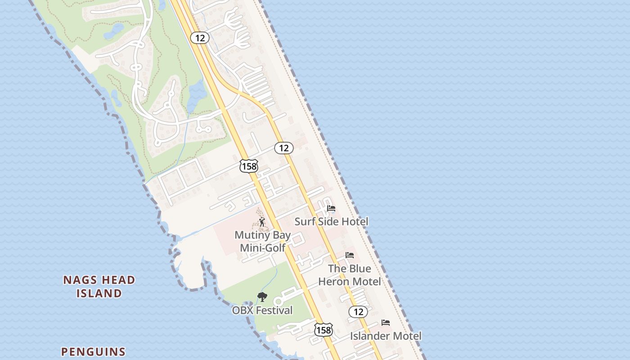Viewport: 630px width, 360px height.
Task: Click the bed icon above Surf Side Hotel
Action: pos(331,208)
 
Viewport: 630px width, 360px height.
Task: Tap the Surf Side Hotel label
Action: pos(331,221)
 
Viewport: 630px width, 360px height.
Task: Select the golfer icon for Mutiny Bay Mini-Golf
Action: pos(262,222)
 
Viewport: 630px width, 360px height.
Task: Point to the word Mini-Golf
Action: pos(263,247)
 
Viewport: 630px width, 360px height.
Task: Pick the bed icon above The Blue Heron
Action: pos(350,255)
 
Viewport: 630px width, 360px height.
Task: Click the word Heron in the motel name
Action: pos(335,282)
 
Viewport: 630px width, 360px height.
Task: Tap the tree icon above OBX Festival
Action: pos(262,297)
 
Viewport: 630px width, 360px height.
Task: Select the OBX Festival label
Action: pos(262,310)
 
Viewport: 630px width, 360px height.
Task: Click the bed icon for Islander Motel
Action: pos(386,323)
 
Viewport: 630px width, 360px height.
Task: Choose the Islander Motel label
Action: pos(386,336)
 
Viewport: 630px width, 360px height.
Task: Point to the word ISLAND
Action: pos(99,293)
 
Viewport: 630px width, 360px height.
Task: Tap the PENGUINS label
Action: pos(93,351)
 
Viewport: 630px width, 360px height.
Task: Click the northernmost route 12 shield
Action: pos(200,38)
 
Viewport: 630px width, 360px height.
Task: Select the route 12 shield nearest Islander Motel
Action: pos(358,311)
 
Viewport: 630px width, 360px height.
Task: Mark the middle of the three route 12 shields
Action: pos(283,148)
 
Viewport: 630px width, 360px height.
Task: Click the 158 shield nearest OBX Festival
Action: pos(323,330)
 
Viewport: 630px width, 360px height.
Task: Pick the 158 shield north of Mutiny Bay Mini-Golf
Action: pos(248,166)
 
